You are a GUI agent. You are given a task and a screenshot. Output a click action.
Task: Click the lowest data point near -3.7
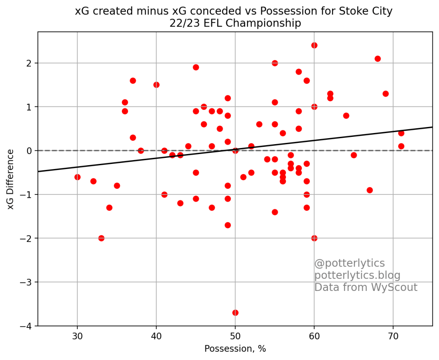(x=235, y=312)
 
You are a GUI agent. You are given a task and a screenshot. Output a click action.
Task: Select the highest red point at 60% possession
(x=314, y=45)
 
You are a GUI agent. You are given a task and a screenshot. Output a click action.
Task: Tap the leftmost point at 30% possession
(x=77, y=177)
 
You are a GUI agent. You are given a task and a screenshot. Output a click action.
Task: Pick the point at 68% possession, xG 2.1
(x=378, y=59)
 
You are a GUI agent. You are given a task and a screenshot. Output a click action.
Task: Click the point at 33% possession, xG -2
(x=101, y=238)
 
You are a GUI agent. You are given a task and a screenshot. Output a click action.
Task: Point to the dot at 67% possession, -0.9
(x=369, y=190)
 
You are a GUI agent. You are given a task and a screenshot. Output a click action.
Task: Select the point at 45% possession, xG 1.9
(x=196, y=67)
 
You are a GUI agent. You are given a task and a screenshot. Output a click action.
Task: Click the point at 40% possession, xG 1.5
(x=156, y=85)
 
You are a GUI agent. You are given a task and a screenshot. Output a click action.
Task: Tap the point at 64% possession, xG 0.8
(x=346, y=115)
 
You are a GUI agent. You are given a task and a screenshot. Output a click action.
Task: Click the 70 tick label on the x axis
(x=393, y=335)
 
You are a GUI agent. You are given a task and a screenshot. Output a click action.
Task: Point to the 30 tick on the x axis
(x=77, y=335)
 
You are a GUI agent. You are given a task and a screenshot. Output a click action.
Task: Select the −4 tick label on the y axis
(x=26, y=326)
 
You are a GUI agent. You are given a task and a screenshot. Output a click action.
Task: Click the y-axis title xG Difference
(x=11, y=179)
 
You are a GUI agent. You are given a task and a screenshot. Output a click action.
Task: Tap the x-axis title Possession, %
(x=235, y=348)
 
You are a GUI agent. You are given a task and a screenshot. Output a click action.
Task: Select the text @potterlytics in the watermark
(x=349, y=263)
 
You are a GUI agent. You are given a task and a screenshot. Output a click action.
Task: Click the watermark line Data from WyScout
(x=366, y=287)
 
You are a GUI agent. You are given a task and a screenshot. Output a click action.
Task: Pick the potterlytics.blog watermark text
(x=357, y=275)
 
